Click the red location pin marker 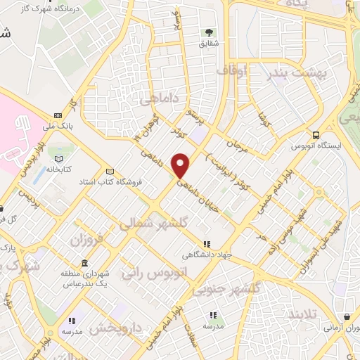[x=181, y=165]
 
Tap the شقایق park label [x=209, y=44]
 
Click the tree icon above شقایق [x=209, y=32]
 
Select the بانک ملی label [x=57, y=127]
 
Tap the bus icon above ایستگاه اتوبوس [x=316, y=135]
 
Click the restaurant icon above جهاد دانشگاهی [x=206, y=244]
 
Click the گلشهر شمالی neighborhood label [x=155, y=224]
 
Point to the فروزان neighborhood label [x=86, y=240]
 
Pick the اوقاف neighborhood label [x=232, y=71]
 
